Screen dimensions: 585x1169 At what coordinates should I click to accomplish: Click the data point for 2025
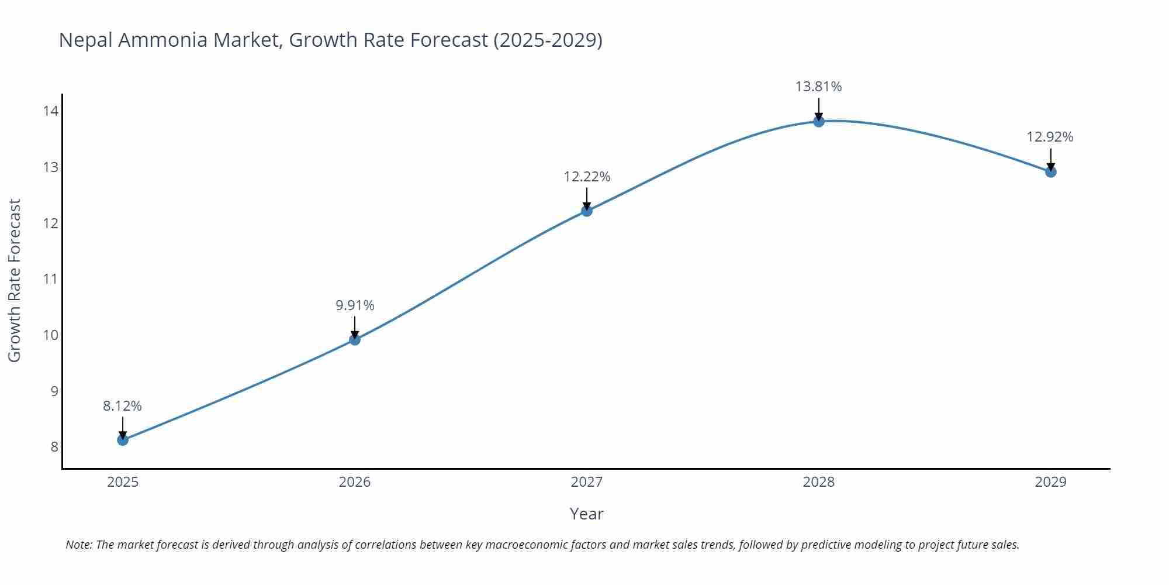123,440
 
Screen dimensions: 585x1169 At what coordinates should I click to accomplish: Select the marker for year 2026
355,339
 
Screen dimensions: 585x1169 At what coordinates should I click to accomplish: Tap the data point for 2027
587,211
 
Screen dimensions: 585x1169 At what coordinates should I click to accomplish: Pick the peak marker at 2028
819,121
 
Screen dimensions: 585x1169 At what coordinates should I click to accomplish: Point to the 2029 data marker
1050,171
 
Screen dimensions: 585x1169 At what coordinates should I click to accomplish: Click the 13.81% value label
818,87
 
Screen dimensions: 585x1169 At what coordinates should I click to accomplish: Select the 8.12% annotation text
122,406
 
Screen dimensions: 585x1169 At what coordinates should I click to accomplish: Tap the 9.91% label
355,305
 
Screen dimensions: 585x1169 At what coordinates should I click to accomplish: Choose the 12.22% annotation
587,177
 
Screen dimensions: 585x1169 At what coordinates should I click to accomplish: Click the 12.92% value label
1050,137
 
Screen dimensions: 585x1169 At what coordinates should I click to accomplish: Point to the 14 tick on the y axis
50,111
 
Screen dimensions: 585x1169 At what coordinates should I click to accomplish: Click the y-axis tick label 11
50,279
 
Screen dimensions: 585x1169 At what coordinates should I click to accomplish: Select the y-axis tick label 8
54,447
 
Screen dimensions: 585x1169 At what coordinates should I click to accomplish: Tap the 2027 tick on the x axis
587,482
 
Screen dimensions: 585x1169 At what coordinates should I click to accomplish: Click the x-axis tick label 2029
1050,482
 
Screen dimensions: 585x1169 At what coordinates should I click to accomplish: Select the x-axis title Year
586,514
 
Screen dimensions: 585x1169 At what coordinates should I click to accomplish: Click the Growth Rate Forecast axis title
14,280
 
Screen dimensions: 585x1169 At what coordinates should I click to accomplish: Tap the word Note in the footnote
78,545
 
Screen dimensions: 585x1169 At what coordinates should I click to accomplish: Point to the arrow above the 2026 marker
355,326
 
